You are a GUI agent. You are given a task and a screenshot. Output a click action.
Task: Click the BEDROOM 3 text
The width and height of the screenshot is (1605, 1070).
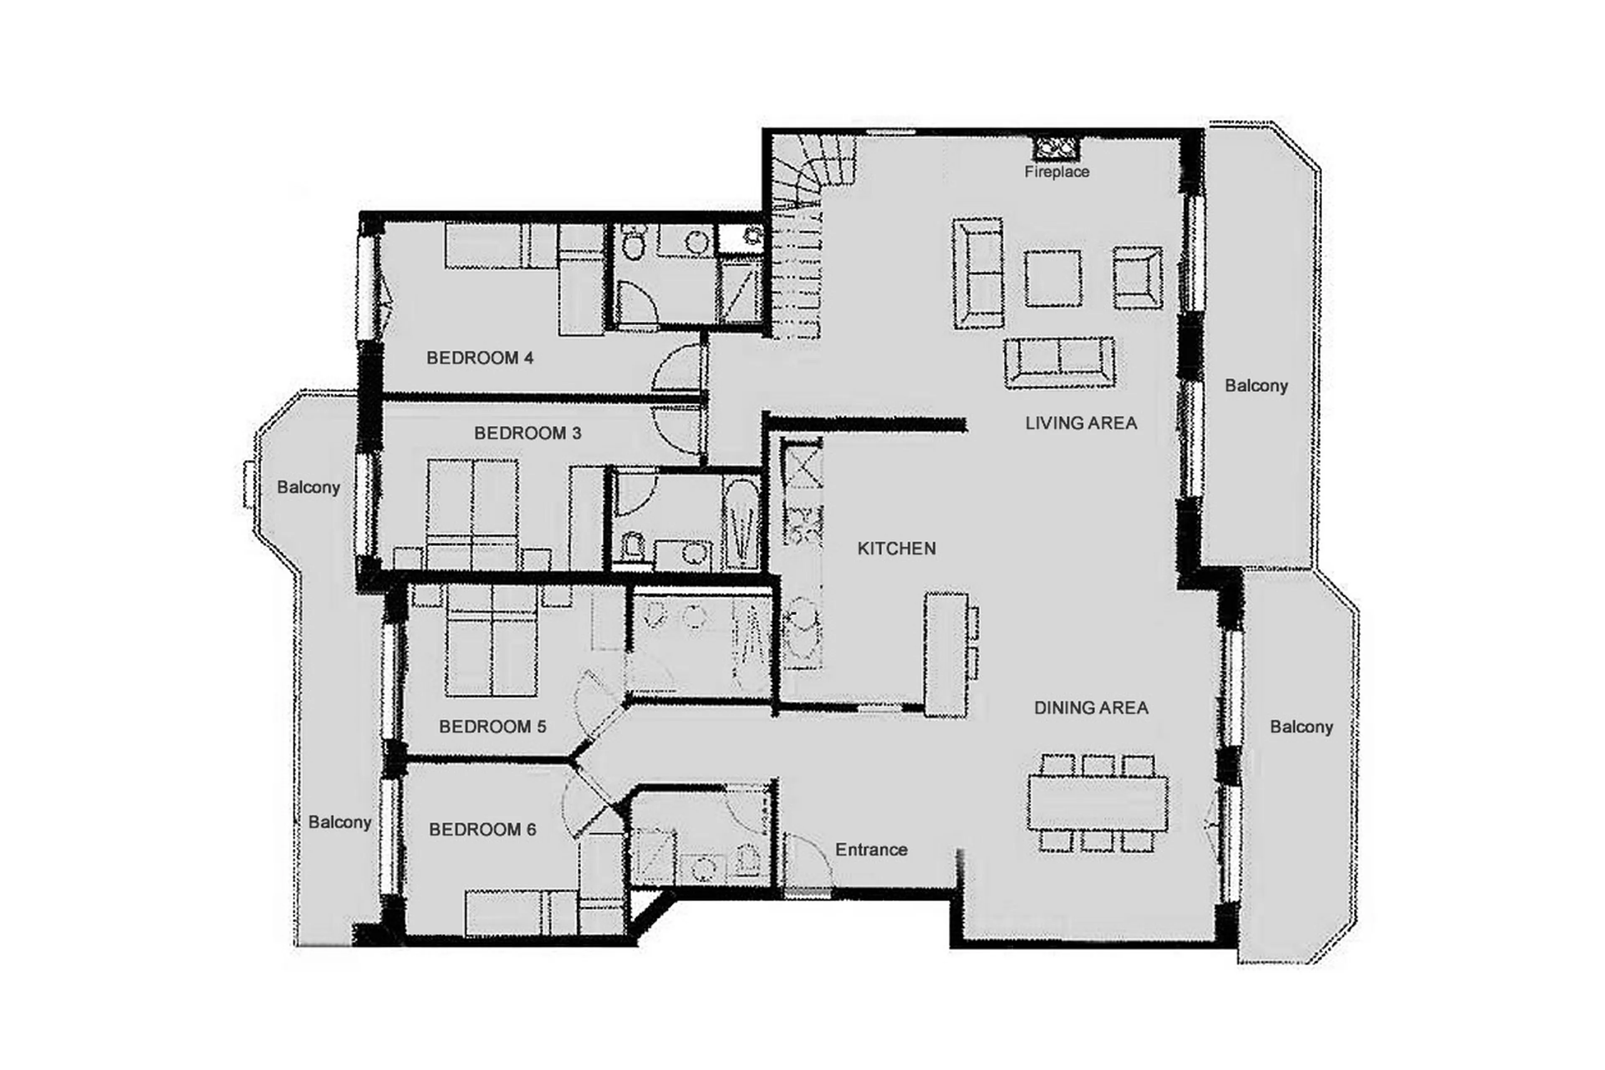(527, 433)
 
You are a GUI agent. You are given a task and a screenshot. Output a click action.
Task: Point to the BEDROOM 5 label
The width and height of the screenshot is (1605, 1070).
(492, 727)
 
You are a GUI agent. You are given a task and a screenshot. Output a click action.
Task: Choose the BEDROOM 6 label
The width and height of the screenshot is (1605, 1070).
(482, 830)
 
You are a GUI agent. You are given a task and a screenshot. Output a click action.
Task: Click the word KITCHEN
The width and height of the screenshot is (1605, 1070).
(896, 549)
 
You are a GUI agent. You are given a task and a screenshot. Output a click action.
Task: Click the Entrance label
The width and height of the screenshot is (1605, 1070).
(871, 850)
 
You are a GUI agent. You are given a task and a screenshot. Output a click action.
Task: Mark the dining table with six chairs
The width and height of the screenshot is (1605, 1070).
(1097, 803)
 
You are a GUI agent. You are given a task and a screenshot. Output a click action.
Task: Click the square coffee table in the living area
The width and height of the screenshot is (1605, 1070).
(1052, 278)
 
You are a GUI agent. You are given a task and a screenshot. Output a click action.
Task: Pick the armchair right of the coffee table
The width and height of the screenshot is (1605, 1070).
(1137, 278)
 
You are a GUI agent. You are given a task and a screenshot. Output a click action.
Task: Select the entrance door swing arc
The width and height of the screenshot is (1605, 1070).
(808, 860)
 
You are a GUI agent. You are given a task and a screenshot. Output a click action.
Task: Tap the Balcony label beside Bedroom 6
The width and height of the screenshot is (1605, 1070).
(339, 822)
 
